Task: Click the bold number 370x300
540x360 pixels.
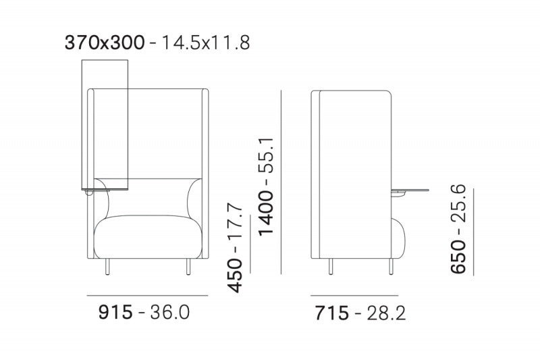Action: click(x=105, y=43)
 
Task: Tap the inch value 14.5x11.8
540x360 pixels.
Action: click(x=205, y=43)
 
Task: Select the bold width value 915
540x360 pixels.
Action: click(x=115, y=313)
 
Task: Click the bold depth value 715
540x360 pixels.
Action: click(x=331, y=313)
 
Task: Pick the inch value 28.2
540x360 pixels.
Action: click(x=385, y=313)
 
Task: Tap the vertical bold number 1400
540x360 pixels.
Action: click(x=266, y=213)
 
